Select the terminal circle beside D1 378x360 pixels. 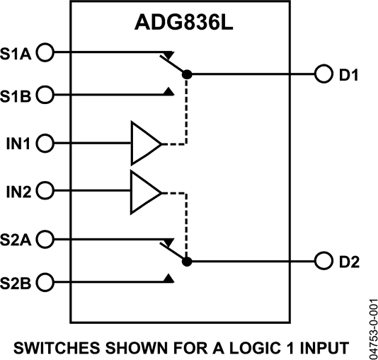click(324, 74)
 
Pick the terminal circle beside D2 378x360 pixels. click(324, 262)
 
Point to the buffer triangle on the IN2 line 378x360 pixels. click(144, 191)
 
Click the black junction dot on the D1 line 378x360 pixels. click(186, 74)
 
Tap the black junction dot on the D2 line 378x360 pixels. click(186, 262)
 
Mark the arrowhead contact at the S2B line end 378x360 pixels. click(169, 280)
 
